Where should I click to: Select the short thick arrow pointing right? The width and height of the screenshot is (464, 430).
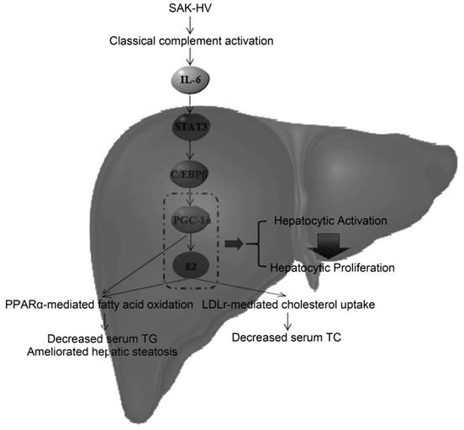(x=243, y=244)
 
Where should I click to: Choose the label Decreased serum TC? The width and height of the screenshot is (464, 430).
(x=288, y=339)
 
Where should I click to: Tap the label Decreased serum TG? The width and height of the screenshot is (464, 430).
(x=96, y=338)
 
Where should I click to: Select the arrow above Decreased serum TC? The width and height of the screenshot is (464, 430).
(x=288, y=321)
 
